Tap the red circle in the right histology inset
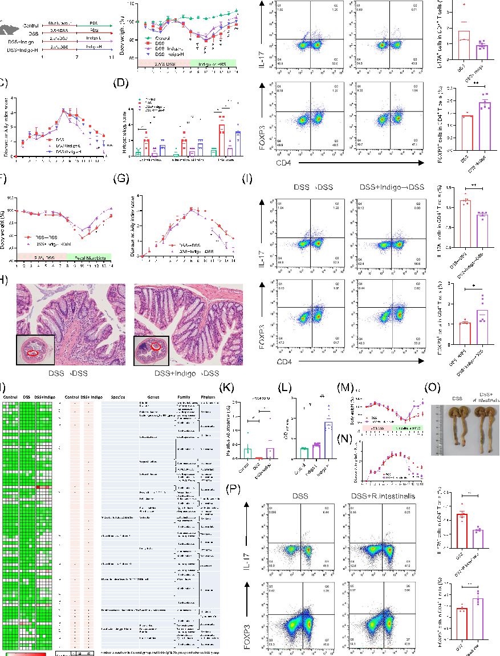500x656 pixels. pyautogui.click(x=155, y=346)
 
